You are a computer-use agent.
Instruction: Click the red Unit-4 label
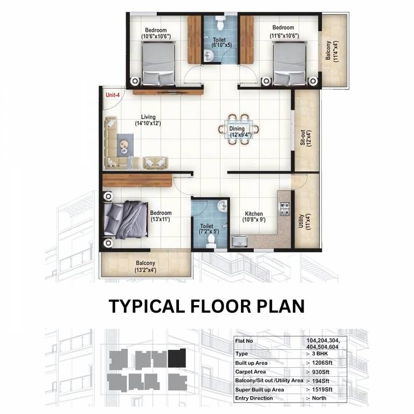[113, 95]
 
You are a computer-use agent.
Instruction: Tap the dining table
[238, 129]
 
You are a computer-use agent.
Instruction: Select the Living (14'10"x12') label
[148, 120]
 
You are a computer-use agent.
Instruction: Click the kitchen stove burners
[285, 209]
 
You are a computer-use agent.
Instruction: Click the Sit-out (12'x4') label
[306, 137]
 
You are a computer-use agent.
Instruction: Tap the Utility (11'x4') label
[303, 222]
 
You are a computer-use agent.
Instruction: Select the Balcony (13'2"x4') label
[146, 267]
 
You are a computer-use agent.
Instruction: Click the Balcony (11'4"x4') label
[332, 51]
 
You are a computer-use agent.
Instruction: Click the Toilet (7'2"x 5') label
[208, 229]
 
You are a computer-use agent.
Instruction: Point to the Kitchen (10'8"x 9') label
[254, 217]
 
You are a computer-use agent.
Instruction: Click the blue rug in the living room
[125, 145]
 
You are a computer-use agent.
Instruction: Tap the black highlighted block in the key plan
[177, 358]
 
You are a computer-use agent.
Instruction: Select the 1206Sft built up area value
[322, 363]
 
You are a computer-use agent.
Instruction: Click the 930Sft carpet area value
[321, 372]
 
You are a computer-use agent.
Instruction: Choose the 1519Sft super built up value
[322, 389]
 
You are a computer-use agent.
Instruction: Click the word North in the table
[319, 398]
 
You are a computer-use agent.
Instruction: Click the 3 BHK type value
[320, 354]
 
